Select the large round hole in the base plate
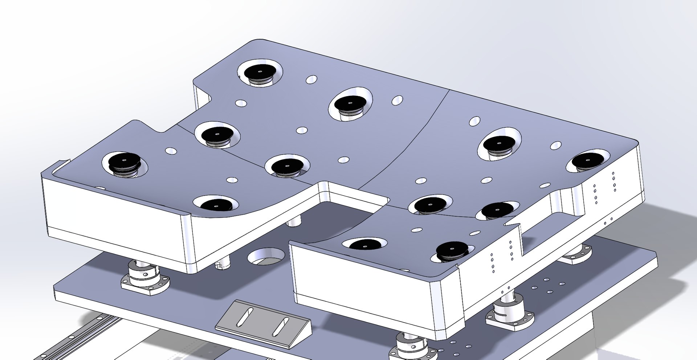click(266, 257)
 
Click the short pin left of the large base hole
click(221, 264)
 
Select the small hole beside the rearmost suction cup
click(311, 79)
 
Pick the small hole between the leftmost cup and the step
click(170, 150)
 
